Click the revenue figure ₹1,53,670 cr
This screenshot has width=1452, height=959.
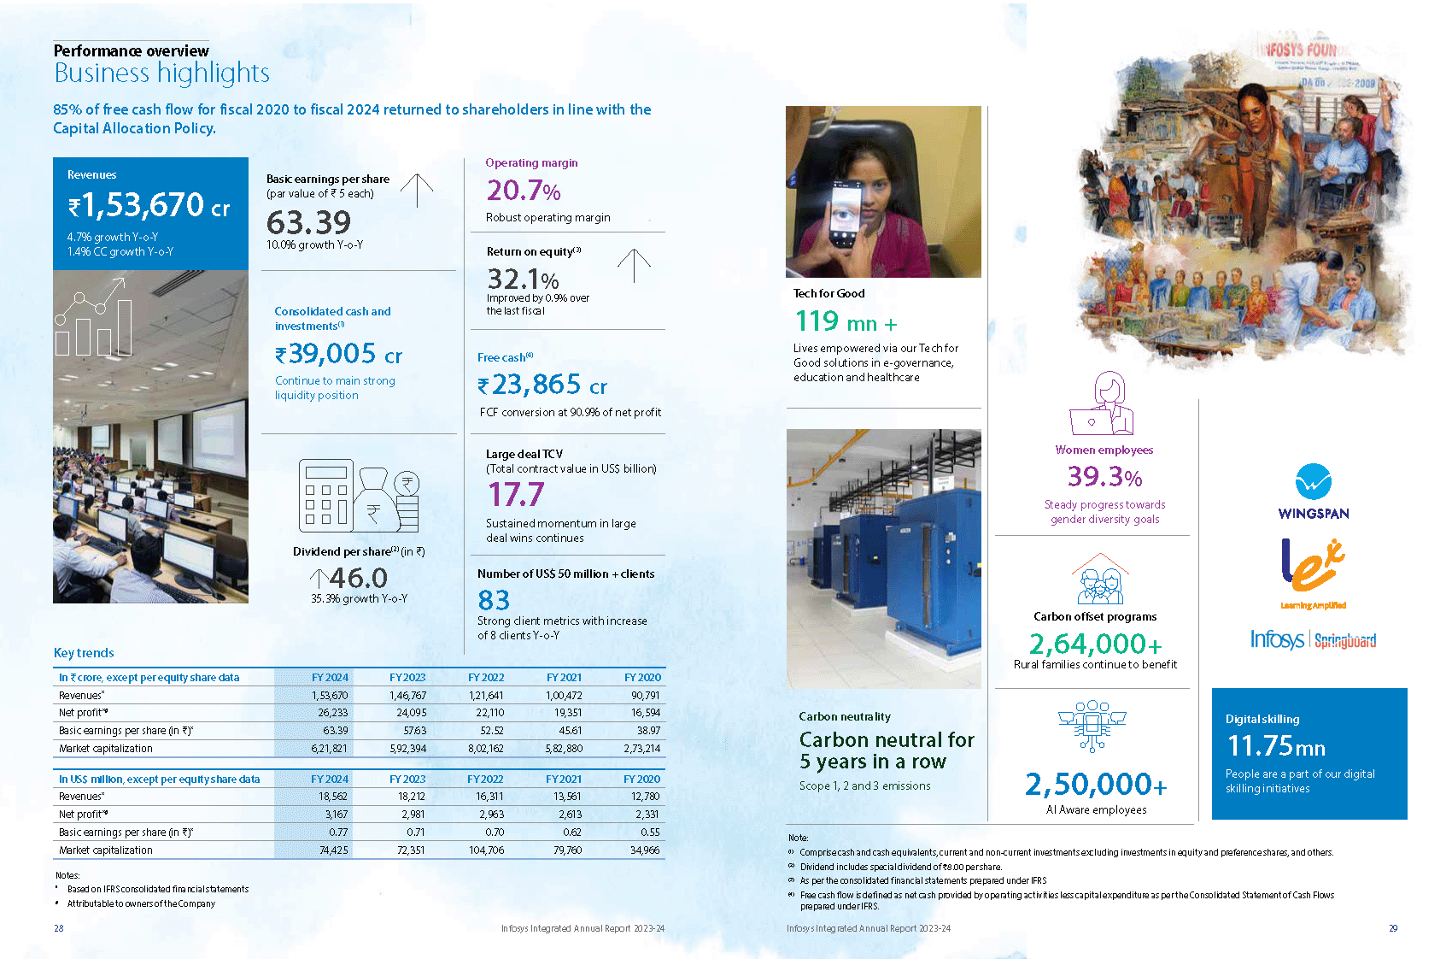[149, 206]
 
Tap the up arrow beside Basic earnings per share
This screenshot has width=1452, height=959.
[417, 190]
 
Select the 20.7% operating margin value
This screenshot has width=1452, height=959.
[524, 190]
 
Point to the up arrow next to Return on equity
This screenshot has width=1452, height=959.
[634, 265]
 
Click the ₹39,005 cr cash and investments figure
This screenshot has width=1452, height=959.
[338, 354]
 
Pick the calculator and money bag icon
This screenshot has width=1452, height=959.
[359, 496]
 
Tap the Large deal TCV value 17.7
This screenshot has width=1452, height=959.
[516, 495]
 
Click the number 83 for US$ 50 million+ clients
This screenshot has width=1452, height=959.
[494, 600]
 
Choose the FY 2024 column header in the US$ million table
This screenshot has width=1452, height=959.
[330, 779]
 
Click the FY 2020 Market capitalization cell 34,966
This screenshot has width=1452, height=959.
[644, 850]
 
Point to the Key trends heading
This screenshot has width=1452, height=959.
[84, 653]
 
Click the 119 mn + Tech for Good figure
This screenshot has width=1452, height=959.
[846, 322]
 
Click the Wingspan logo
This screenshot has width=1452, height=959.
[1314, 492]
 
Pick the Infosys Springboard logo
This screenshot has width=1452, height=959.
[1313, 639]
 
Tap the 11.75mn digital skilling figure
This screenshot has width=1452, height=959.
[1276, 746]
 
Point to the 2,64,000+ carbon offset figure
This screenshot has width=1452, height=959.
[1095, 644]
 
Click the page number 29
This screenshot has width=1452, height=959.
[1393, 928]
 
